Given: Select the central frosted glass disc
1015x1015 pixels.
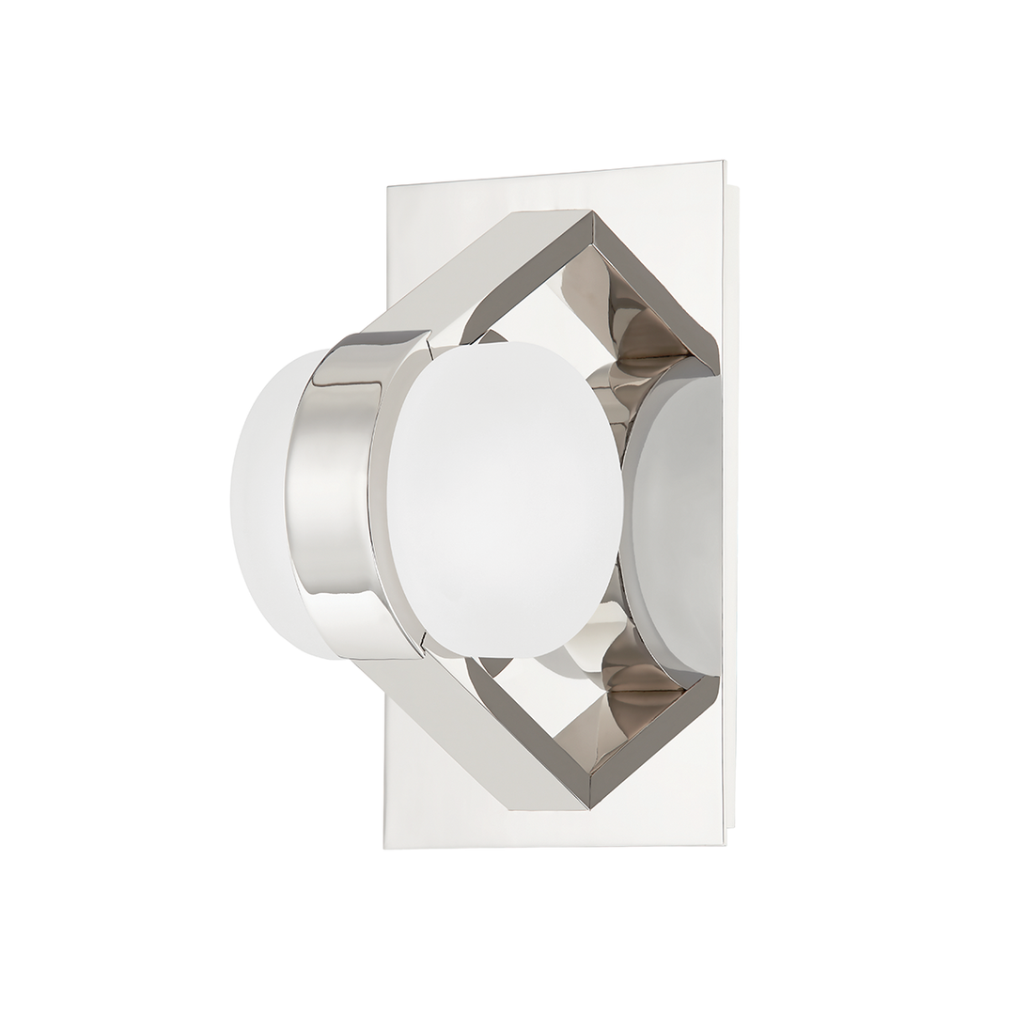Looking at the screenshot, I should pos(503,498).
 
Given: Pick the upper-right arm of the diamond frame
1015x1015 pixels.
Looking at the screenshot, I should pos(648,282).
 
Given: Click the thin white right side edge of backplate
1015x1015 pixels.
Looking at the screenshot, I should pos(731,507).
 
